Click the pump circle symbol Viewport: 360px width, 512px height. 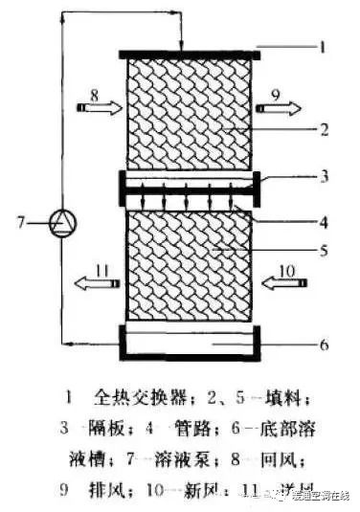[61, 222]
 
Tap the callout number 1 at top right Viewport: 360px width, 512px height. [323, 45]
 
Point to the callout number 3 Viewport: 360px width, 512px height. [324, 177]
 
